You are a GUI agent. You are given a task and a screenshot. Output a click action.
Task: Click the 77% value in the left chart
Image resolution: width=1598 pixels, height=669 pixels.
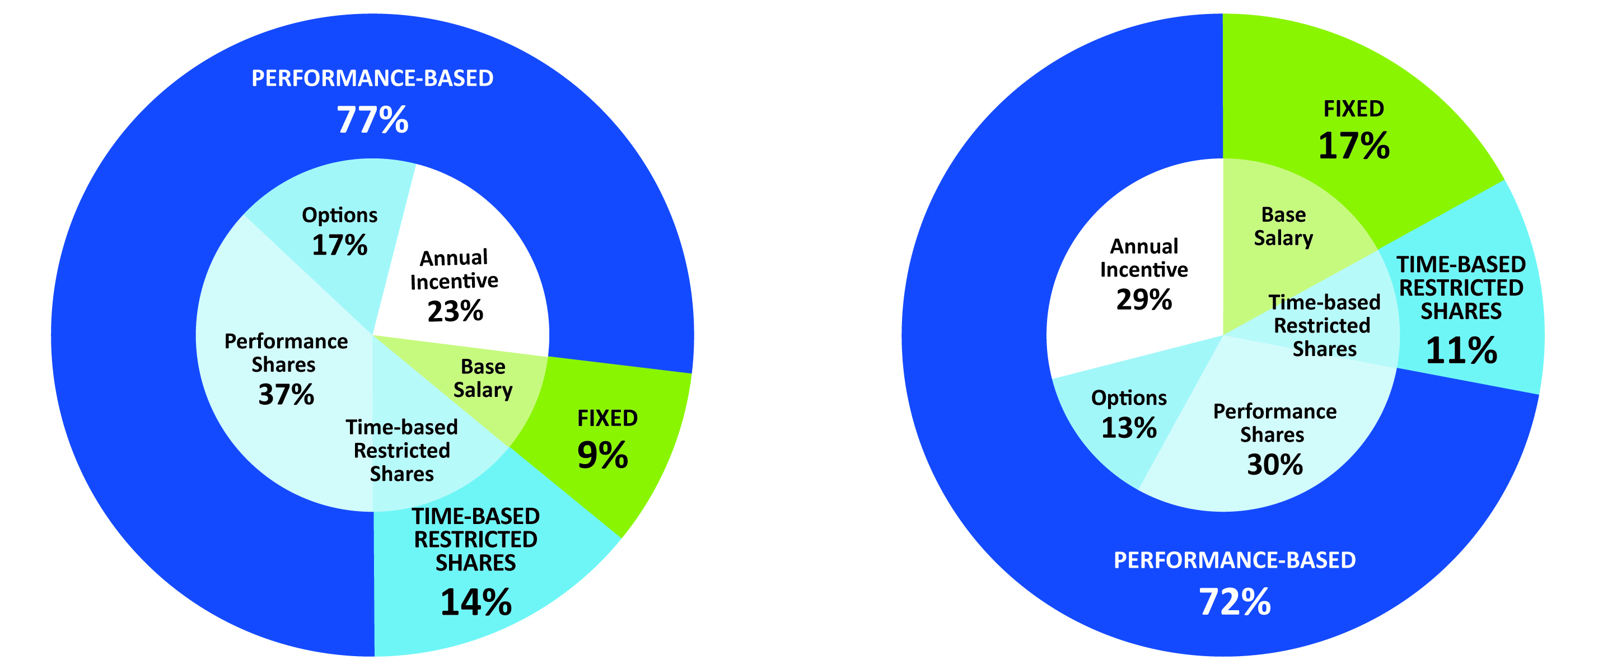pyautogui.click(x=372, y=120)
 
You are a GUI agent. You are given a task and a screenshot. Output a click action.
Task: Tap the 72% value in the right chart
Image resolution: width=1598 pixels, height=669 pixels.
pyautogui.click(x=1235, y=602)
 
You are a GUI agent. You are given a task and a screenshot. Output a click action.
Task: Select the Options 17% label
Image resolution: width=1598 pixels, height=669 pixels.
pyautogui.click(x=339, y=231)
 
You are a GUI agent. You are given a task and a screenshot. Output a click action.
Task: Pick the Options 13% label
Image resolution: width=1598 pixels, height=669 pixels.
pyautogui.click(x=1128, y=414)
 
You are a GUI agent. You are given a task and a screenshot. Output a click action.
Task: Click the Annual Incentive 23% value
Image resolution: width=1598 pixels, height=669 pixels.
pyautogui.click(x=455, y=311)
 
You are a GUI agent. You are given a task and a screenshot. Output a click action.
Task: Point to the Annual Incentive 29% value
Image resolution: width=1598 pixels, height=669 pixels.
pyautogui.click(x=1144, y=300)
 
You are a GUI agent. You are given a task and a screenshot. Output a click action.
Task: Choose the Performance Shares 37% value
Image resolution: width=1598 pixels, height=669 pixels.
pyautogui.click(x=286, y=395)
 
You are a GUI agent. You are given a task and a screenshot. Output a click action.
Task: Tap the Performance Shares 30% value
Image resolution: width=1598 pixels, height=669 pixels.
pyautogui.click(x=1275, y=465)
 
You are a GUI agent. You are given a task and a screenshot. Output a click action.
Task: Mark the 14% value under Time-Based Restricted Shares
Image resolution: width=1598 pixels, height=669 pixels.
pyautogui.click(x=476, y=602)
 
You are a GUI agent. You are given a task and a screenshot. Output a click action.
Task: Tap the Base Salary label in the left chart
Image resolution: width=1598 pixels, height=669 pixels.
pyautogui.click(x=483, y=378)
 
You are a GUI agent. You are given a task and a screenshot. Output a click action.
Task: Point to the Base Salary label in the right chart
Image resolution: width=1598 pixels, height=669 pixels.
pyautogui.click(x=1283, y=226)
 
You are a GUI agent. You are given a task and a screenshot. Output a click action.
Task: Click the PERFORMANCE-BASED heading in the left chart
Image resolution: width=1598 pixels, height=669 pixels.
pyautogui.click(x=372, y=79)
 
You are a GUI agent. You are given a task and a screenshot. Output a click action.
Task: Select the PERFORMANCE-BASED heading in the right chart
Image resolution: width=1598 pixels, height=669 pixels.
pyautogui.click(x=1235, y=560)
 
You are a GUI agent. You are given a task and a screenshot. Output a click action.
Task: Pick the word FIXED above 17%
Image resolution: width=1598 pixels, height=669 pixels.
pyautogui.click(x=1353, y=109)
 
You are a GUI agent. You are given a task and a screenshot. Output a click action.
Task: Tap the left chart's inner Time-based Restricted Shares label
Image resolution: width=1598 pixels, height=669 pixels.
pyautogui.click(x=401, y=451)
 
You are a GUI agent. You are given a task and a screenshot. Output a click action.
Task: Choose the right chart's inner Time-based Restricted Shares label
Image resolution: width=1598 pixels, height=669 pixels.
pyautogui.click(x=1324, y=325)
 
